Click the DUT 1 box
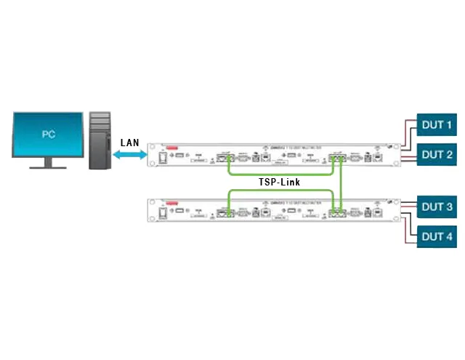437,126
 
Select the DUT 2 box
437,154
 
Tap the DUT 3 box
437,207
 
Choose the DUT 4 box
437,236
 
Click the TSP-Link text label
280,182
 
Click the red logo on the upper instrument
171,147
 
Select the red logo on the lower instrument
171,202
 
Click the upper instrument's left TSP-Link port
225,156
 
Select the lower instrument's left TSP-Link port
225,212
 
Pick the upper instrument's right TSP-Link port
337,156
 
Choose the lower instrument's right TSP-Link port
337,212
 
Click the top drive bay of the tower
100,119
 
